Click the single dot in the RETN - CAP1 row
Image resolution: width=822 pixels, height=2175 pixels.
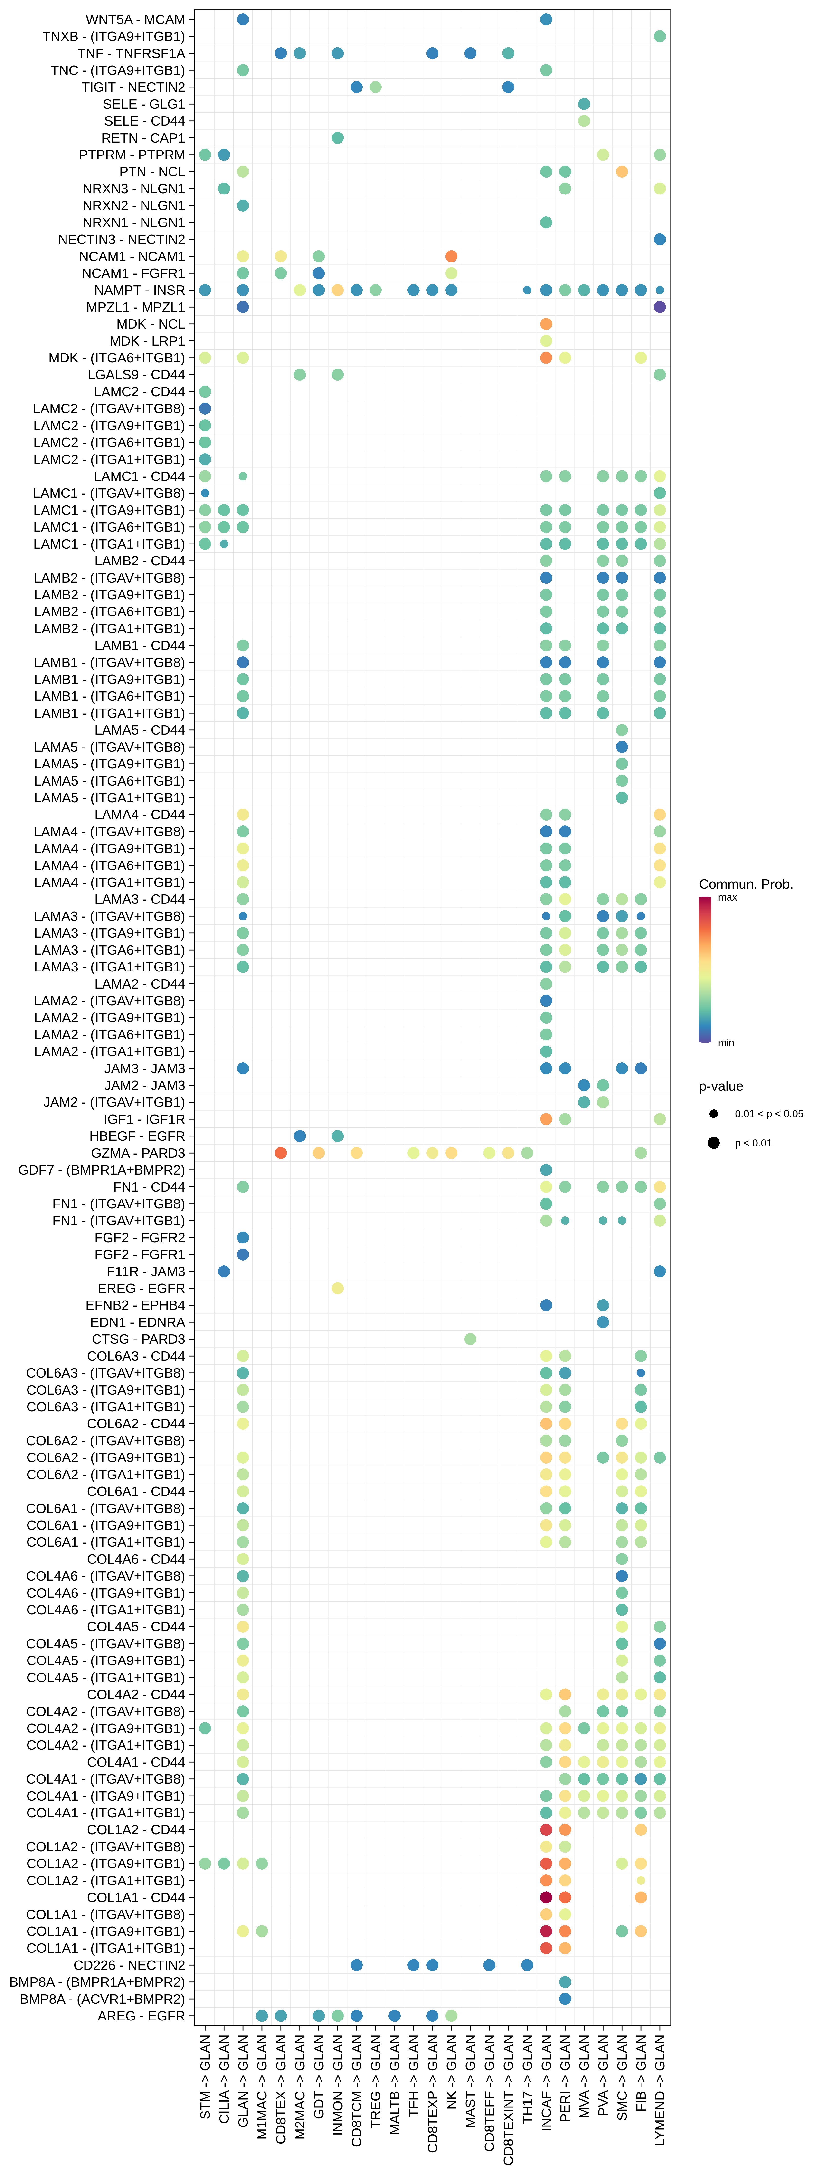coord(338,138)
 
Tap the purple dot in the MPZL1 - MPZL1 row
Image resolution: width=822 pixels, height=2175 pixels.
coord(660,307)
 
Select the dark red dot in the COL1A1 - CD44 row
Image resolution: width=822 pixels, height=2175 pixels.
coord(546,1897)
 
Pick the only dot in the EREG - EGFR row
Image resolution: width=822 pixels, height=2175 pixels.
coord(338,1288)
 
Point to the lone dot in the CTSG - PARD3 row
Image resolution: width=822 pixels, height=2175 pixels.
coord(470,1339)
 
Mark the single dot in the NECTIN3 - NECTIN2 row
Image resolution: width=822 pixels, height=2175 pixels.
coord(660,239)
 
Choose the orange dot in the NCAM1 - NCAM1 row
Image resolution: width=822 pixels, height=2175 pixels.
coord(452,256)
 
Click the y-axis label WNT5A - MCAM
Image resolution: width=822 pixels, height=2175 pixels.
coord(135,19)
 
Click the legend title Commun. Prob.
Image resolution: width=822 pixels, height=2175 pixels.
coord(745,884)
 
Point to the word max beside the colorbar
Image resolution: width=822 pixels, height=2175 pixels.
coord(728,898)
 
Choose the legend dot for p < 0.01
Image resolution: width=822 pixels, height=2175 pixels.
coord(714,1143)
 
